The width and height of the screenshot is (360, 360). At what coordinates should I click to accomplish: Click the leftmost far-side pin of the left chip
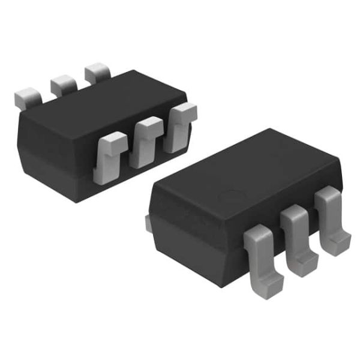26,97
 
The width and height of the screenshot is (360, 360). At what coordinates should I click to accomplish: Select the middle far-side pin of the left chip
62,85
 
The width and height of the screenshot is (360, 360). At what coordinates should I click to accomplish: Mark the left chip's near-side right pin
179,126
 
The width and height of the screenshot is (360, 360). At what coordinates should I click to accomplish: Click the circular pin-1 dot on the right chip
229,196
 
